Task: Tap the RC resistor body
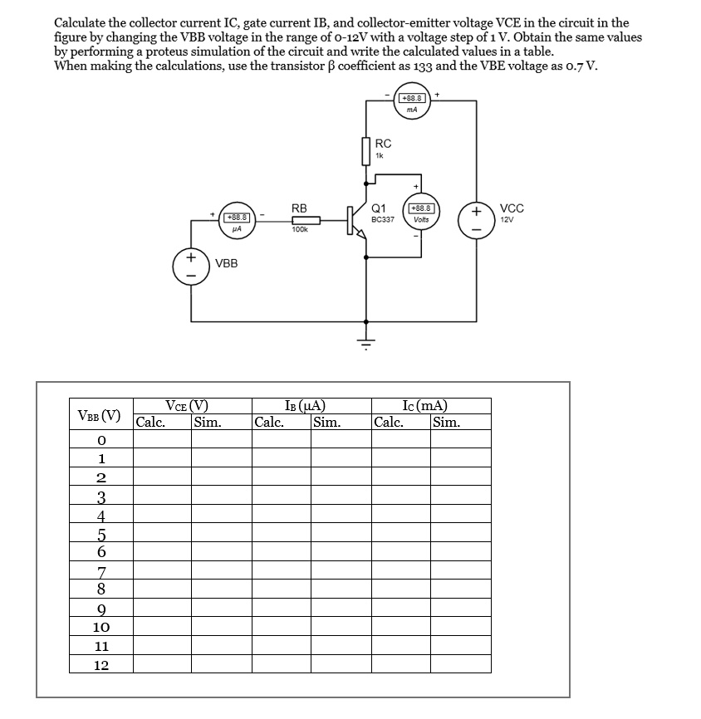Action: (365, 151)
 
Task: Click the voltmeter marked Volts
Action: (420, 213)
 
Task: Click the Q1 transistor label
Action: (379, 208)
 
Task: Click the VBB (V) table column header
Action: (99, 414)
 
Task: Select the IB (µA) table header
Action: (304, 406)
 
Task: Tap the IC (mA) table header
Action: (424, 406)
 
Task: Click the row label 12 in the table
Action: (100, 665)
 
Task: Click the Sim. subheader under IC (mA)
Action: (447, 421)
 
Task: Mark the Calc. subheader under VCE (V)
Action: (150, 421)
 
